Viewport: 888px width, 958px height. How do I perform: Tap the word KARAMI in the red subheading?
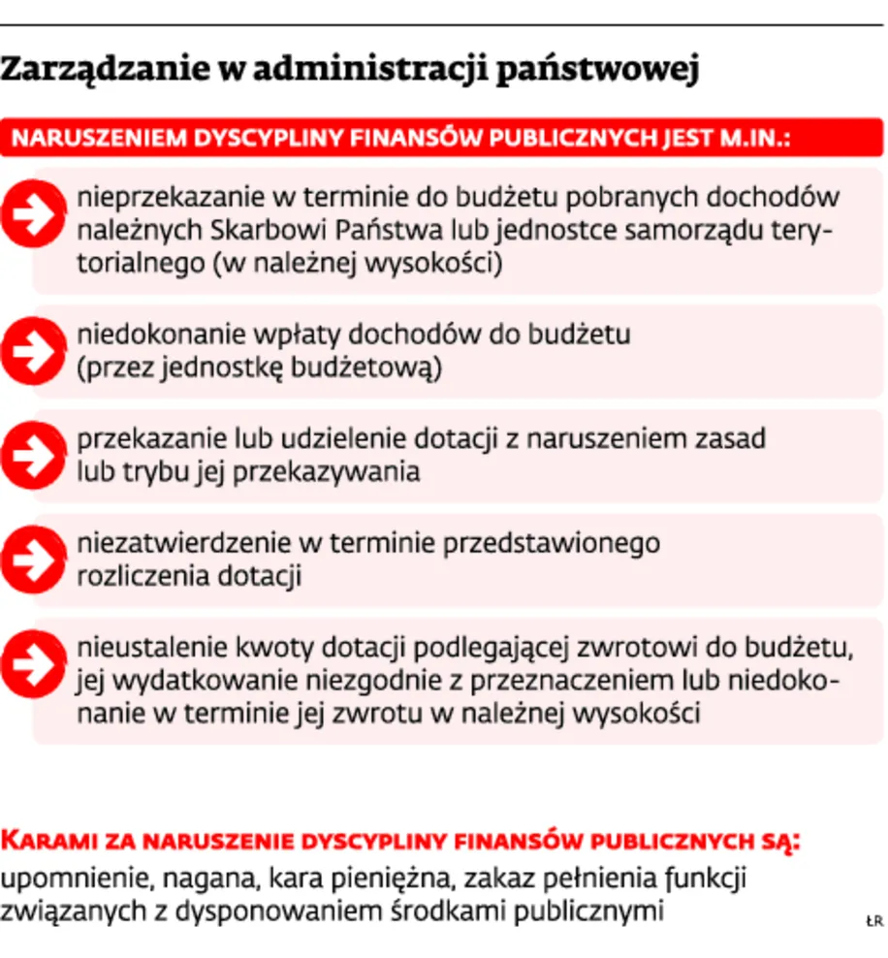click(43, 840)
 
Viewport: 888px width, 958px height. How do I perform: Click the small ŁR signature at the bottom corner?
click(872, 921)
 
